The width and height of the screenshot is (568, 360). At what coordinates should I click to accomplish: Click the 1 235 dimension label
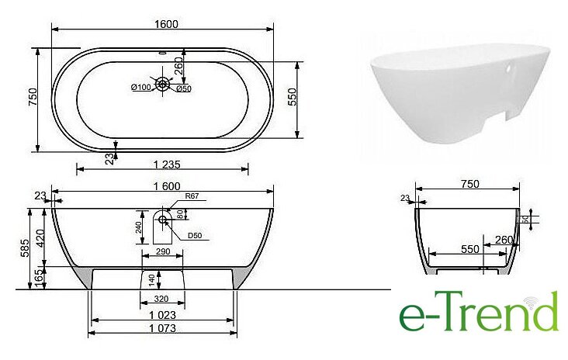(167, 164)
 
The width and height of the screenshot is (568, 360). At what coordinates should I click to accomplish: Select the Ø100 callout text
(141, 87)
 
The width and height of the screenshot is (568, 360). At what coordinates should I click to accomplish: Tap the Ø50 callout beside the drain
(184, 88)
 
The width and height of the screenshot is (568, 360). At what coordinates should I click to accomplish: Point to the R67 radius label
(192, 196)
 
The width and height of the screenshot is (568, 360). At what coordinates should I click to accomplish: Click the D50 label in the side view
(195, 236)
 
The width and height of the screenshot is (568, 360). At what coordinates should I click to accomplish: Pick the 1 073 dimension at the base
(162, 328)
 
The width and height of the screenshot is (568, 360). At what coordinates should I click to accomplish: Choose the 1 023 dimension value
(162, 315)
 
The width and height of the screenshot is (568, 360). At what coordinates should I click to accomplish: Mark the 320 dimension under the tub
(161, 299)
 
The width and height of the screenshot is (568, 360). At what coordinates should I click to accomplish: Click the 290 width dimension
(163, 251)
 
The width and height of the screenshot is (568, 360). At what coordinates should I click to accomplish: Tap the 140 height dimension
(152, 279)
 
